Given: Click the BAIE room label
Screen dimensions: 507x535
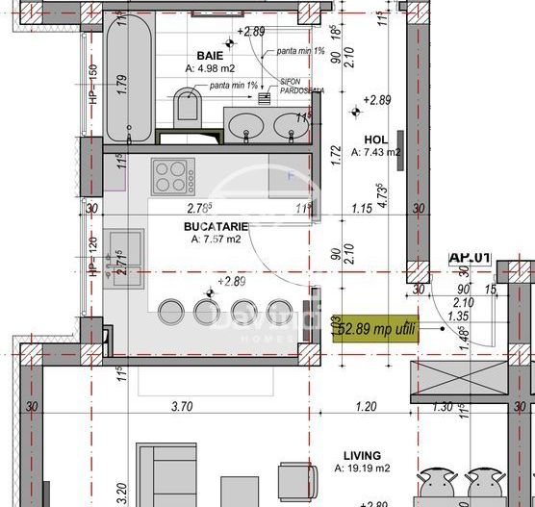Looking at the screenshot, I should coord(210,56).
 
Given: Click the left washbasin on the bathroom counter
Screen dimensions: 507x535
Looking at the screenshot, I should coord(244,123).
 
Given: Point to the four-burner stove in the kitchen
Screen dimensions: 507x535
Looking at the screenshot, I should coord(173,177).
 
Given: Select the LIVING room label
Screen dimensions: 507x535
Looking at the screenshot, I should coord(361,455).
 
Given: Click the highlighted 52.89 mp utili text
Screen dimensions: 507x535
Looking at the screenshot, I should coord(383,326).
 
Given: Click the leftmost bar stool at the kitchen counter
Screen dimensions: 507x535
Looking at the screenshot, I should coord(171,311).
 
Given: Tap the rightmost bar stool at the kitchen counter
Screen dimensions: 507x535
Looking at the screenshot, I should coord(279,311).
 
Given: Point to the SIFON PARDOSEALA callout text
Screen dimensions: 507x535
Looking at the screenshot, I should coord(299,88).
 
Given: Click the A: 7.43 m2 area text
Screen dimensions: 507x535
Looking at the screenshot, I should coord(374,152).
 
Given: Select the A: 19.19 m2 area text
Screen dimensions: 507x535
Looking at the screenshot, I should coord(364,469).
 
